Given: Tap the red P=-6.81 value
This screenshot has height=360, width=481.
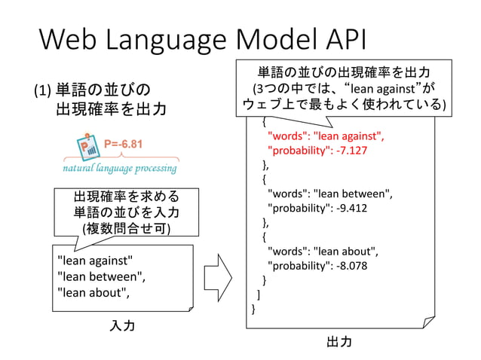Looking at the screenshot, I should click(123, 143).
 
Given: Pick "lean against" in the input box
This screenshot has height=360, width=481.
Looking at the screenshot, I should click(95, 261).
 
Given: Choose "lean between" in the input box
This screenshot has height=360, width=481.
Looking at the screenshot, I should click(100, 276).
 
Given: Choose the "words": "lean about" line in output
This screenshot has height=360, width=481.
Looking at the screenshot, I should click(323, 251).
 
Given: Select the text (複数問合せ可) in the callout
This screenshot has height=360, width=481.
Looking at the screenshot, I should click(126, 228).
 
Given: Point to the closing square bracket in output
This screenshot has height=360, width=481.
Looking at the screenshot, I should click(259, 294).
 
